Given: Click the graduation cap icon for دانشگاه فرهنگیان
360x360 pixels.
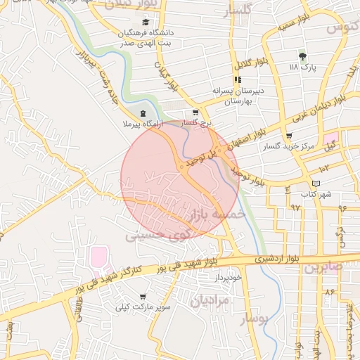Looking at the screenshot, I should [x=146, y=22].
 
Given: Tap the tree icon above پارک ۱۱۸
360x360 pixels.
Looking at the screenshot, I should [x=303, y=56].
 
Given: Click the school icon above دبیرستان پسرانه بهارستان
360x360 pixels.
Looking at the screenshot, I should [x=237, y=79].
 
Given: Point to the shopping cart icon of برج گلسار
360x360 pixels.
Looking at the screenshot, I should [x=195, y=112].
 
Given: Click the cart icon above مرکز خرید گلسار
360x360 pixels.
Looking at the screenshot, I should [x=289, y=136].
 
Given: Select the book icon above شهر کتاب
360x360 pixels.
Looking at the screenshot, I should [x=316, y=184].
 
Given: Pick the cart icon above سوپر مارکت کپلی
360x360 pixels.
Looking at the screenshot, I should [x=143, y=297].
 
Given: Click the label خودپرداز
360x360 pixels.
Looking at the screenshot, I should [x=229, y=277].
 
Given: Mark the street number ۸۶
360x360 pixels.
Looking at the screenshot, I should [x=329, y=290].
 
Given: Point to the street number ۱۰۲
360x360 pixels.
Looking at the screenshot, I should [x=323, y=167].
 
